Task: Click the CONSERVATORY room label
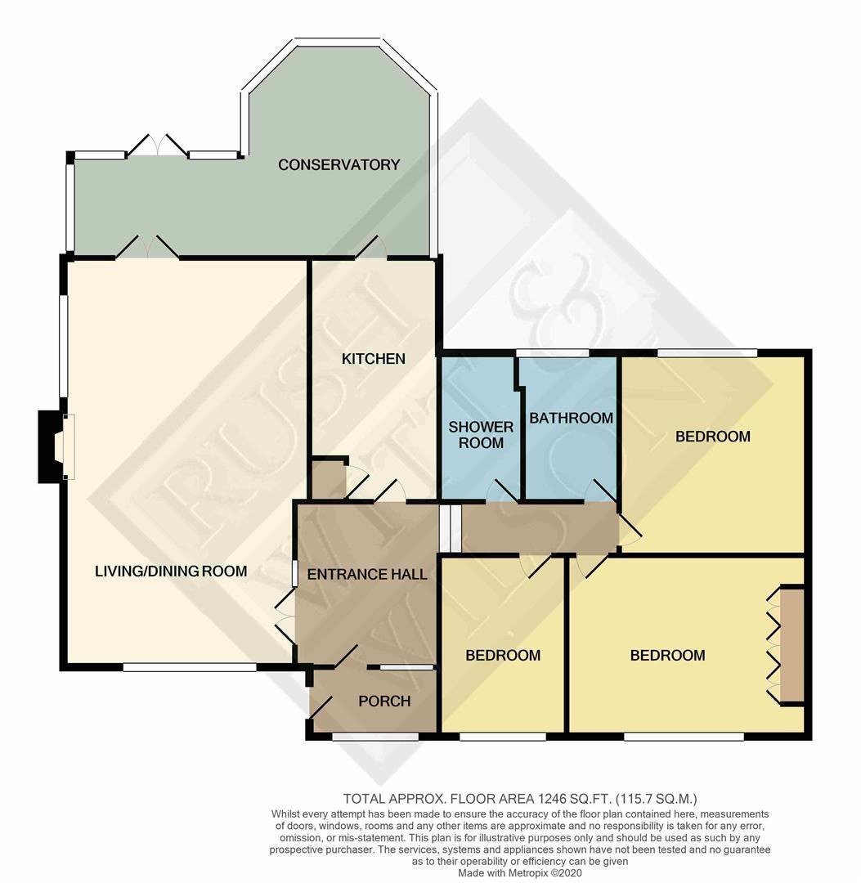pyautogui.click(x=339, y=164)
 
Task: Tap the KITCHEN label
pyautogui.click(x=373, y=359)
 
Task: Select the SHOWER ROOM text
pyautogui.click(x=481, y=434)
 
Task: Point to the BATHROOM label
pyautogui.click(x=571, y=418)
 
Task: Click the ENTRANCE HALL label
pyautogui.click(x=367, y=574)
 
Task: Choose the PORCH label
pyautogui.click(x=384, y=701)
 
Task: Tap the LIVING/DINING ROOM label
pyautogui.click(x=171, y=571)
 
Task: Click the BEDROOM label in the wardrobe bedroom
pyautogui.click(x=667, y=655)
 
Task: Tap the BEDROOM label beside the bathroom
pyautogui.click(x=712, y=437)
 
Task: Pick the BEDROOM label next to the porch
pyautogui.click(x=503, y=655)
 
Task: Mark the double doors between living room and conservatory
pyautogui.click(x=147, y=248)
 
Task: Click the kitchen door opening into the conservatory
pyautogui.click(x=372, y=248)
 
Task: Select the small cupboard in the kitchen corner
pyautogui.click(x=328, y=479)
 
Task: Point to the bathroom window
pyautogui.click(x=553, y=353)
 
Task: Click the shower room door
pyautogui.click(x=500, y=491)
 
